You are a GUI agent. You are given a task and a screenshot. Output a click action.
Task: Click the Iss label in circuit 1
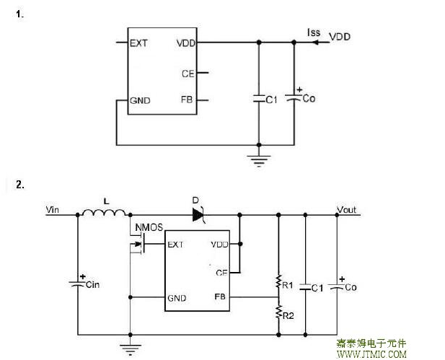pyautogui.click(x=313, y=33)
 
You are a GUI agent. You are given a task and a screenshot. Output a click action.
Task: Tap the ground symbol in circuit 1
pyautogui.click(x=258, y=158)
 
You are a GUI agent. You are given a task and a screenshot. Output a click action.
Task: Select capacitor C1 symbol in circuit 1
pyautogui.click(x=258, y=99)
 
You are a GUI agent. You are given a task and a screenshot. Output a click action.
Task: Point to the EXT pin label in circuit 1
pyautogui.click(x=139, y=43)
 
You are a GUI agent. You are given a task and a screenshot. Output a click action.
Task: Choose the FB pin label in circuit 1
pyautogui.click(x=186, y=100)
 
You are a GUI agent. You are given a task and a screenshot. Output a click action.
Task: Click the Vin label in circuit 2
pyautogui.click(x=53, y=210)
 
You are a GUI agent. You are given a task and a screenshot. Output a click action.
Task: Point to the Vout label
pyautogui.click(x=347, y=210)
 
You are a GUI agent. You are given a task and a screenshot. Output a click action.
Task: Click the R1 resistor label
pyautogui.click(x=288, y=285)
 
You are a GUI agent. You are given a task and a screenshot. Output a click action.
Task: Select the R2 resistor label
pyautogui.click(x=288, y=315)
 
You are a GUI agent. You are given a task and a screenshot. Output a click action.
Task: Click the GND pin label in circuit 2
pyautogui.click(x=177, y=297)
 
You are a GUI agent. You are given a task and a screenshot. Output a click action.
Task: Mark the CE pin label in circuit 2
pyautogui.click(x=221, y=271)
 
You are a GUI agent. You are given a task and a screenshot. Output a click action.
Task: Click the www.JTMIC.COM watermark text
pyautogui.click(x=371, y=354)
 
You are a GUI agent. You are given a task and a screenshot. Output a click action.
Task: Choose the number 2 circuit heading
pyautogui.click(x=19, y=185)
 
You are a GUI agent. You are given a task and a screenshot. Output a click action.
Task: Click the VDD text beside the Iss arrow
pyautogui.click(x=340, y=36)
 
